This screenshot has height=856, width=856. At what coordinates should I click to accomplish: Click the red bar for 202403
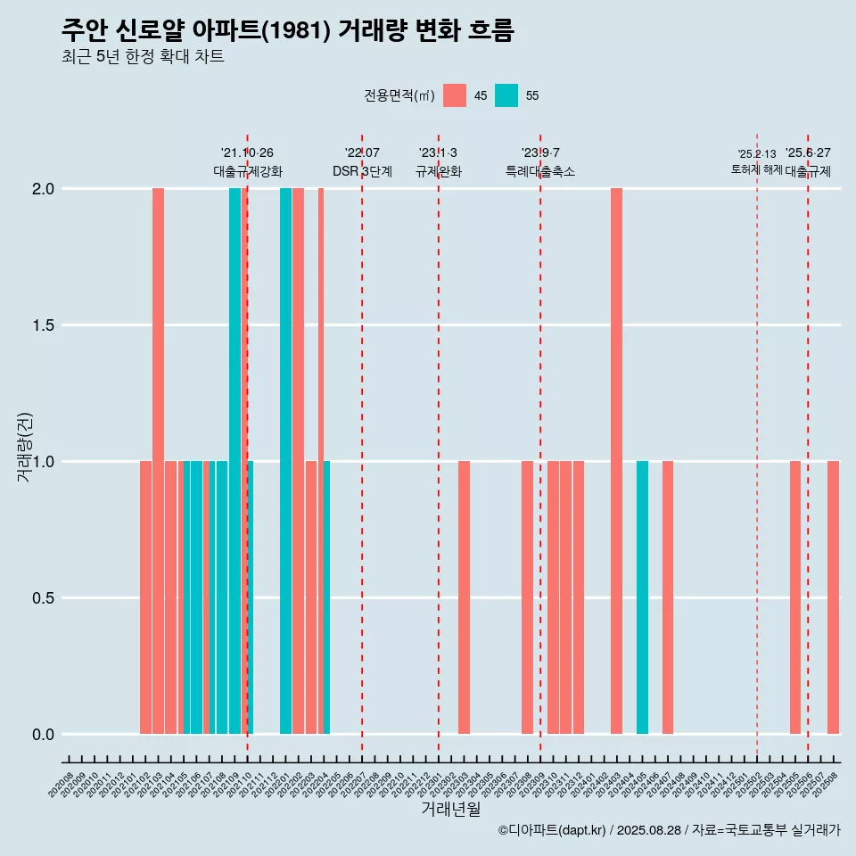[616, 461]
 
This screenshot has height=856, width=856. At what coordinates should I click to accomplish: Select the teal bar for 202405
[642, 597]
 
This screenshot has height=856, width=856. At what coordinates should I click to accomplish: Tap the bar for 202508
[833, 597]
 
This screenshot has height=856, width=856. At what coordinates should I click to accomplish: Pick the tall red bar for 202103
[158, 461]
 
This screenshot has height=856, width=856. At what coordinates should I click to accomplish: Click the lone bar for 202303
[464, 597]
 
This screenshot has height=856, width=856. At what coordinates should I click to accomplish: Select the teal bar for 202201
[285, 461]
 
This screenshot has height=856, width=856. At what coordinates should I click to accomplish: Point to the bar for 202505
[795, 597]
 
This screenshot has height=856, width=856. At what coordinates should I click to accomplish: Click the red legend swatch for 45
[455, 95]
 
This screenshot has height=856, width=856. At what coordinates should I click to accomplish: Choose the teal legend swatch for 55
[506, 95]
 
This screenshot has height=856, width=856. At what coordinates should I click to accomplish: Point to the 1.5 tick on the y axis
[44, 325]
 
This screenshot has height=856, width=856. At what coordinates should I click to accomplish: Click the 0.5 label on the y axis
[44, 598]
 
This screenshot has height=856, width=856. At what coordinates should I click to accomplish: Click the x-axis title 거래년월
[450, 810]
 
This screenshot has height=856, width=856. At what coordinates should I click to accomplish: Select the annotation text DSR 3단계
[362, 171]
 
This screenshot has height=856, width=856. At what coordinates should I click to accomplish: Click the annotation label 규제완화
[439, 171]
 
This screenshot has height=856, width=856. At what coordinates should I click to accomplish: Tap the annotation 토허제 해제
[756, 169]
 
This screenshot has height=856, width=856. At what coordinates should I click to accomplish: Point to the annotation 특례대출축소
[540, 171]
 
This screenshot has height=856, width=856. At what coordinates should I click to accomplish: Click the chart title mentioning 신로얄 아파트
[288, 30]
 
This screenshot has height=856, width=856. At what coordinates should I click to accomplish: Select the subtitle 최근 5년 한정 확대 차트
[143, 57]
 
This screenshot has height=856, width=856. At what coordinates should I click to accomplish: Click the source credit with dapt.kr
[669, 830]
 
